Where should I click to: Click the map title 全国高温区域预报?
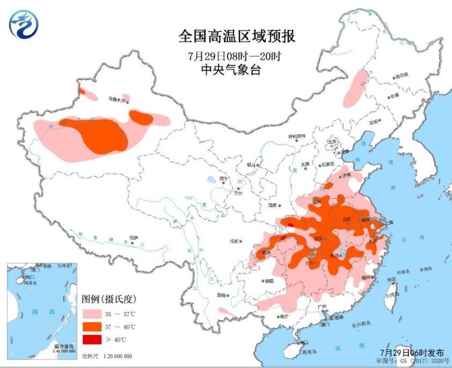(x=236, y=37)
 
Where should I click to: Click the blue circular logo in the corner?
(x=24, y=24)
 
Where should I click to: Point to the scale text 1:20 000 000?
(x=114, y=356)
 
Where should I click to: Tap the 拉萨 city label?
(x=133, y=238)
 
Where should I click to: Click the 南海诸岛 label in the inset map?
(x=63, y=347)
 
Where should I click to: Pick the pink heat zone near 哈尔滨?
(x=356, y=87)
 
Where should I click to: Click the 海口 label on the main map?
(x=304, y=342)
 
